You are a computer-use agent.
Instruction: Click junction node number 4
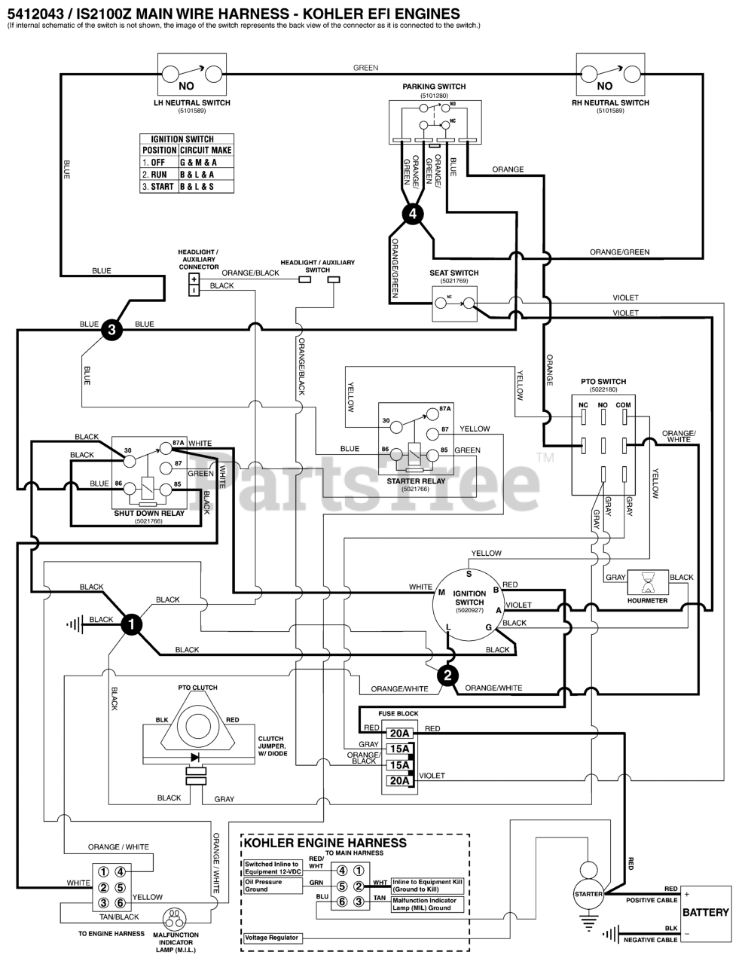[411, 214]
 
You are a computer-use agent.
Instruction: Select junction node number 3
[111, 329]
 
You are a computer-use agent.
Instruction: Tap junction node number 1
[132, 624]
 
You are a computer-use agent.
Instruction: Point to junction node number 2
[447, 676]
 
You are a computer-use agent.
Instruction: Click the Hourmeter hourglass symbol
[647, 582]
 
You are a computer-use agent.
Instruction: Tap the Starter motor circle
[588, 894]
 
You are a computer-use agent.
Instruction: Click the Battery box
[705, 912]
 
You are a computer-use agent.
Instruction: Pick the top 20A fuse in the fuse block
[398, 733]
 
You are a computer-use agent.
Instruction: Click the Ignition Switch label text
[470, 597]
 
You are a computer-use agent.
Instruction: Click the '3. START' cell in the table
[158, 186]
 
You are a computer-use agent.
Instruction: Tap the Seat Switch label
[453, 273]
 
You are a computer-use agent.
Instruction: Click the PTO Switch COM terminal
[624, 405]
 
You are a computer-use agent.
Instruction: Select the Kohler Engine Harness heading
[325, 843]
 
